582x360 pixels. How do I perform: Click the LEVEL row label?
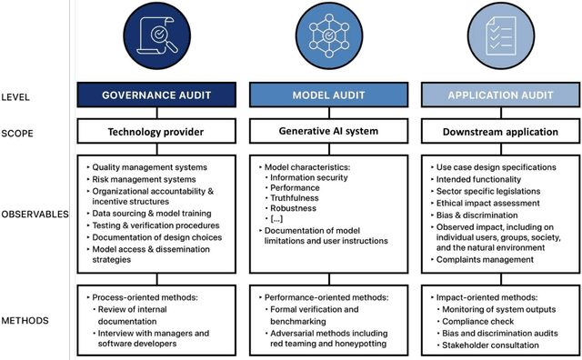[x=17, y=96]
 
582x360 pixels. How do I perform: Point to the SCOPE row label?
[x=18, y=132]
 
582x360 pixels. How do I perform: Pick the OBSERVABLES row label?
[x=35, y=215]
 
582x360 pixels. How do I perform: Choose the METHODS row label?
[x=26, y=319]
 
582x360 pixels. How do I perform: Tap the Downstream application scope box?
[x=500, y=132]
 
